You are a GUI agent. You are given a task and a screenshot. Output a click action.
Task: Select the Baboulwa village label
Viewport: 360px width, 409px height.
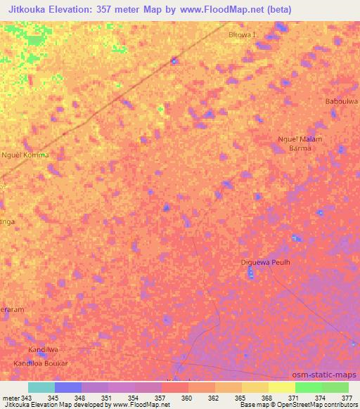click(x=342, y=101)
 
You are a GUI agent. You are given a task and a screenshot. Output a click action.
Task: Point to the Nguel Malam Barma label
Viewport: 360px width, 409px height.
click(x=300, y=143)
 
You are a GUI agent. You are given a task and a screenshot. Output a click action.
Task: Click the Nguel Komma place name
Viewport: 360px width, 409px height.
click(x=25, y=155)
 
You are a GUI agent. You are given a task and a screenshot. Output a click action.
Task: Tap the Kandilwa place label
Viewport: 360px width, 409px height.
click(x=42, y=349)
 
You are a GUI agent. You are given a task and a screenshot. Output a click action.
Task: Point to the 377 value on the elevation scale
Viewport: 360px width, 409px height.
click(x=347, y=398)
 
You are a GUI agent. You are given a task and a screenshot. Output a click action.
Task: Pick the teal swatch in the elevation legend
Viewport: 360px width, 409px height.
click(x=41, y=387)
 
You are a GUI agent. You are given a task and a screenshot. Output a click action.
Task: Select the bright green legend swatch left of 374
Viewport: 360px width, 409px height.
click(x=308, y=387)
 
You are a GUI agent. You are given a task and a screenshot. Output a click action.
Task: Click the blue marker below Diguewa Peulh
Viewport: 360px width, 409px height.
click(x=251, y=273)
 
